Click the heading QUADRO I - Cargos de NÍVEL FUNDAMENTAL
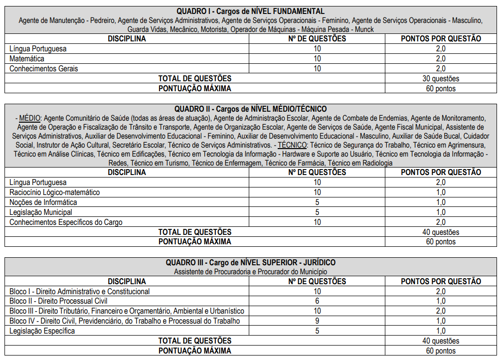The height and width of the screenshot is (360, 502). (x=250, y=11)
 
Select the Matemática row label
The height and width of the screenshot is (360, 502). (x=27, y=59)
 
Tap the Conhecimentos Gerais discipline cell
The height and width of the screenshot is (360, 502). (x=44, y=69)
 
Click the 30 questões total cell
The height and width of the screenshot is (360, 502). (x=440, y=79)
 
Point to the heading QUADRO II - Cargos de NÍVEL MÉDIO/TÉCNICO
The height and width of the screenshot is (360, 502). (x=250, y=109)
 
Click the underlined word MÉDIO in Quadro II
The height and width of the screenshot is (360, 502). (x=30, y=118)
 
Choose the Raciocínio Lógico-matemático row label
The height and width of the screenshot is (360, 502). (x=55, y=192)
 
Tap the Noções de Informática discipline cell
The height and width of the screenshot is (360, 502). (x=43, y=202)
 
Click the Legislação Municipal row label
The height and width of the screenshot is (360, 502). (x=41, y=212)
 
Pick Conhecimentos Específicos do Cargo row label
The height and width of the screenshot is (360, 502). (x=66, y=222)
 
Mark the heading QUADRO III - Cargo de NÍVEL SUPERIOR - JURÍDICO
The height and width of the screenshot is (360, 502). (x=250, y=262)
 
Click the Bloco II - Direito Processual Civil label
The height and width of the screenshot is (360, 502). (x=58, y=301)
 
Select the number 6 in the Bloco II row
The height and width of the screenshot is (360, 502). (x=317, y=301)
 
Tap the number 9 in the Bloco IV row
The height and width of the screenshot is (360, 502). (x=317, y=321)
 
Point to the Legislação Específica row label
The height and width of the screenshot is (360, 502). (x=42, y=331)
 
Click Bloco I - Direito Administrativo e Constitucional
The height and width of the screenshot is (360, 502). (x=80, y=291)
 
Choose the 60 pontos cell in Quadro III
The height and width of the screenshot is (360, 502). (x=441, y=351)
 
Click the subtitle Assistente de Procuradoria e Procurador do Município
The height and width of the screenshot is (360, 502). (x=250, y=272)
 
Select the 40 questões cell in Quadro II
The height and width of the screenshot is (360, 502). (x=440, y=232)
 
